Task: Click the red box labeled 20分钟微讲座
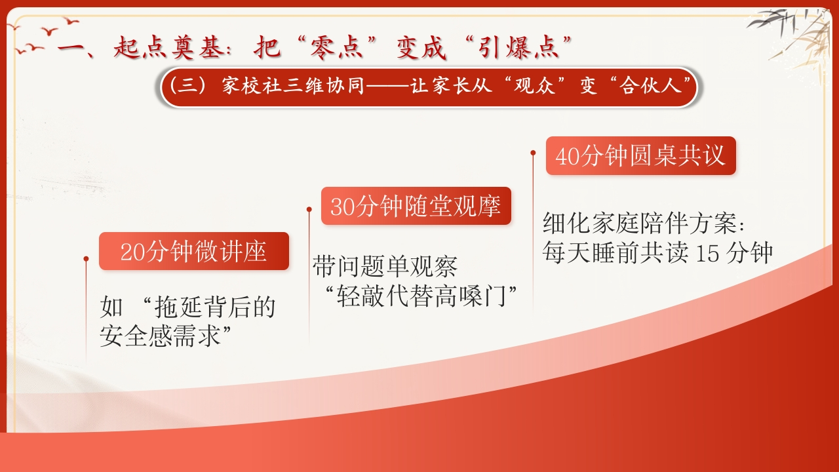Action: tap(194, 251)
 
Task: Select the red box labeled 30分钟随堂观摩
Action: tap(416, 206)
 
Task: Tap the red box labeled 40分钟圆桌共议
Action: tap(641, 155)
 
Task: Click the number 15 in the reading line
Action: tap(707, 254)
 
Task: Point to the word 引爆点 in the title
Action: tap(518, 48)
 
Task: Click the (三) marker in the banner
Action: tap(188, 86)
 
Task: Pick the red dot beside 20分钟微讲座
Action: tap(86, 259)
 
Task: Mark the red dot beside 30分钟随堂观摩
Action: tap(309, 209)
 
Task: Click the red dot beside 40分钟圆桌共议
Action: tap(533, 153)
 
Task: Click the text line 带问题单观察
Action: tap(385, 267)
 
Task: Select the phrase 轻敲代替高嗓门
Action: tap(421, 296)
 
